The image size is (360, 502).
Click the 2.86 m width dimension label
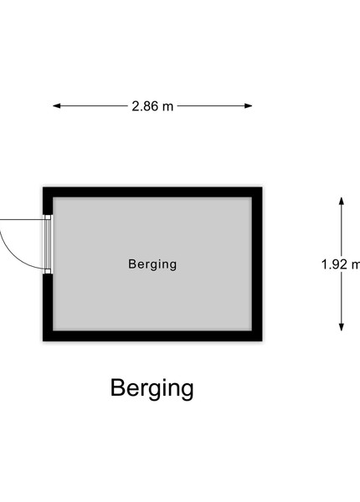pyautogui.click(x=152, y=106)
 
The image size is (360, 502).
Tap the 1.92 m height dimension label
pyautogui.click(x=341, y=264)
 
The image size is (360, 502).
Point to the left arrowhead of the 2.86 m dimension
pyautogui.click(x=57, y=106)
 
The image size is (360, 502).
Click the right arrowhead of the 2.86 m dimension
pyautogui.click(x=248, y=106)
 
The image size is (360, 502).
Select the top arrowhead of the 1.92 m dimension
pyautogui.click(x=342, y=201)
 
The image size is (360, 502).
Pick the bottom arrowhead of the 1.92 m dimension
pyautogui.click(x=342, y=327)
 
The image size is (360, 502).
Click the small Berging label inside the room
pyautogui.click(x=152, y=264)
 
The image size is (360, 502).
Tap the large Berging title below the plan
pyautogui.click(x=152, y=388)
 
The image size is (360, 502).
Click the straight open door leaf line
pyautogui.click(x=23, y=219)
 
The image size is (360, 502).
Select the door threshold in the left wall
pyautogui.click(x=48, y=244)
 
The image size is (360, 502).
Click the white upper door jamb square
pyautogui.click(x=48, y=217)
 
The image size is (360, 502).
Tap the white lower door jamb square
pyautogui.click(x=48, y=271)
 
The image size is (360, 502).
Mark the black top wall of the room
pyautogui.click(x=152, y=192)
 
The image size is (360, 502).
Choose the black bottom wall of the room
pyautogui.click(x=152, y=336)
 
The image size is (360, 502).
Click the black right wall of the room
pyautogui.click(x=257, y=264)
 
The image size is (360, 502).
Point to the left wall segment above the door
pyautogui.click(x=48, y=201)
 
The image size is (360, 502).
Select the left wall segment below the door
pyautogui.click(x=48, y=307)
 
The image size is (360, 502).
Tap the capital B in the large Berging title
pyautogui.click(x=117, y=387)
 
